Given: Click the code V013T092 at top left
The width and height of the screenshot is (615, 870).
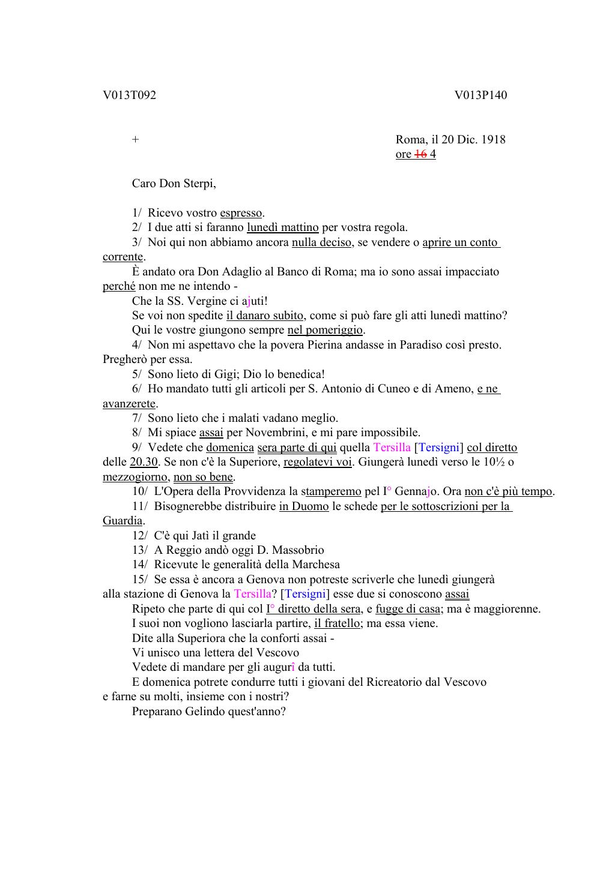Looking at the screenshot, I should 129,95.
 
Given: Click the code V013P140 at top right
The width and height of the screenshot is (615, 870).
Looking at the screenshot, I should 480,95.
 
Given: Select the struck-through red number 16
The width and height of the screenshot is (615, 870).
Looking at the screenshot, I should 420,154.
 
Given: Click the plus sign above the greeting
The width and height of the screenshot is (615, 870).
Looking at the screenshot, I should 136,140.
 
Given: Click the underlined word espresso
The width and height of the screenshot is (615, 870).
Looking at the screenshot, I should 241,213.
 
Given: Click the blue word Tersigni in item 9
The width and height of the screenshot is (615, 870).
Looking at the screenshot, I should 438,448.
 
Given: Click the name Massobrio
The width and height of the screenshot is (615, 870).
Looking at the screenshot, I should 298,550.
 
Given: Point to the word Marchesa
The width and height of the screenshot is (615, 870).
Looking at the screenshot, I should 315,565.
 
